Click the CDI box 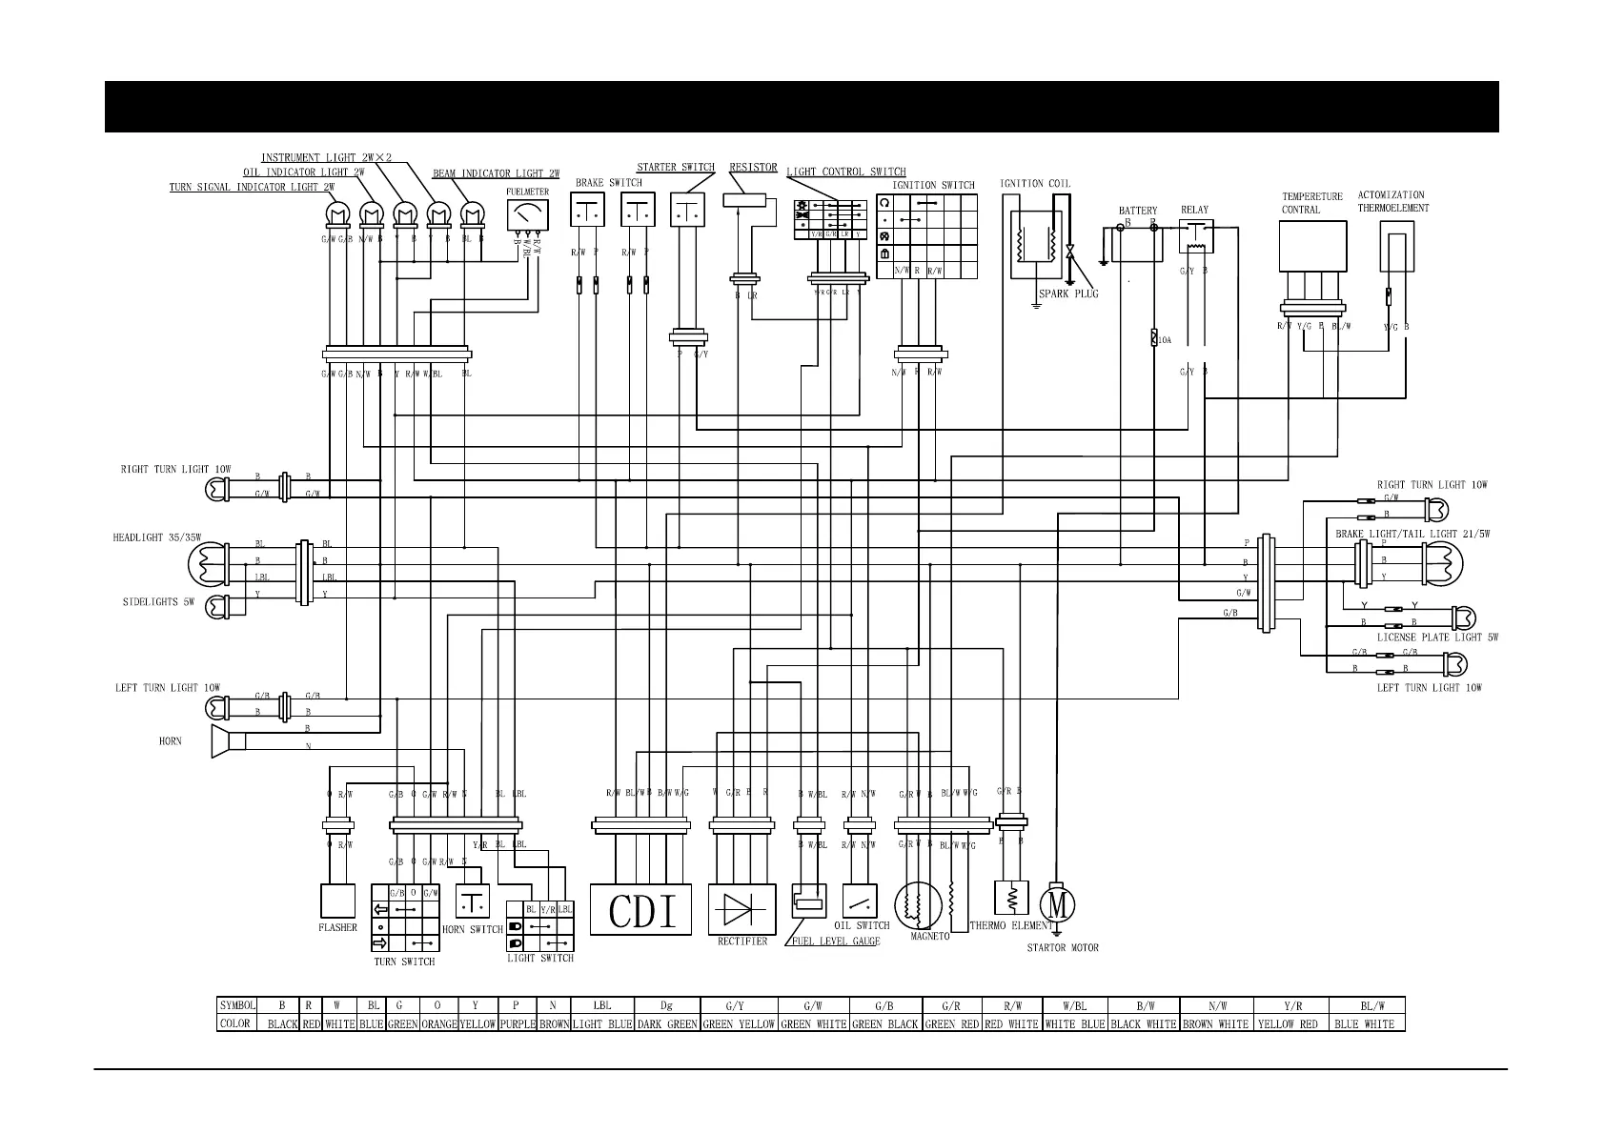pyautogui.click(x=640, y=909)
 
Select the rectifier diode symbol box pyautogui.click(x=742, y=909)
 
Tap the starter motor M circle pyautogui.click(x=1056, y=902)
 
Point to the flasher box pyautogui.click(x=336, y=901)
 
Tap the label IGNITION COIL pyautogui.click(x=1034, y=184)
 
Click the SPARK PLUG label pyautogui.click(x=1068, y=294)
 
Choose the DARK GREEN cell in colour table pyautogui.click(x=666, y=1024)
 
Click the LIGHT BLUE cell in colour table pyautogui.click(x=601, y=1024)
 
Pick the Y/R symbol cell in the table pyautogui.click(x=1291, y=1005)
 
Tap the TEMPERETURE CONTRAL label pyautogui.click(x=1311, y=203)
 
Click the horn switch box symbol pyautogui.click(x=473, y=901)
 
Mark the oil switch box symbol pyautogui.click(x=861, y=901)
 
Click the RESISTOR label pyautogui.click(x=753, y=168)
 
